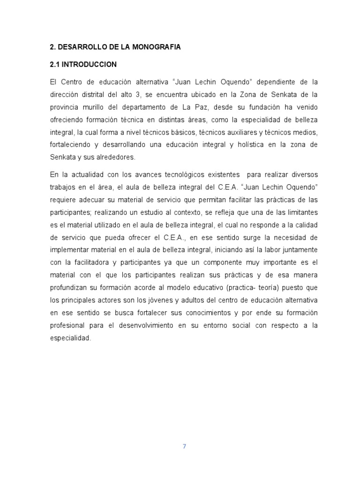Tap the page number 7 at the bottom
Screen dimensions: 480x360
185,446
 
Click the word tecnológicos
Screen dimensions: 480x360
180,174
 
